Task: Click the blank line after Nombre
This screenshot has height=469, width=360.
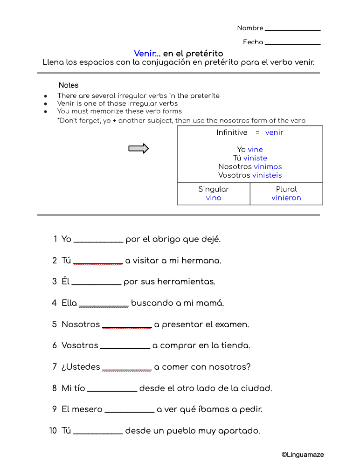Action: click(x=292, y=30)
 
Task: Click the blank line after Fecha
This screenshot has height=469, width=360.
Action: click(x=292, y=44)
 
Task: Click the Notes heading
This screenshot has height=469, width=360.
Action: click(x=69, y=85)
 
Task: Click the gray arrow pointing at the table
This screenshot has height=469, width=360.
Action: click(x=138, y=149)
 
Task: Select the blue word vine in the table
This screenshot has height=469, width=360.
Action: click(x=255, y=150)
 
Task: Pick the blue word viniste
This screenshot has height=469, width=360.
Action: click(x=255, y=158)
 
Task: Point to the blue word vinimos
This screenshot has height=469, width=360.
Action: click(x=268, y=166)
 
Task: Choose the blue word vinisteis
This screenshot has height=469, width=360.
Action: click(x=267, y=175)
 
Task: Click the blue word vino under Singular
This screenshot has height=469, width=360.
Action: click(x=214, y=198)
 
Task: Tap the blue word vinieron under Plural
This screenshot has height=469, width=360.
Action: click(x=286, y=198)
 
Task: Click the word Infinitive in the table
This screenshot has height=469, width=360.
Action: click(x=232, y=132)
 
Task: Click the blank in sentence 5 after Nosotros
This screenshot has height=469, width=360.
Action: click(x=127, y=326)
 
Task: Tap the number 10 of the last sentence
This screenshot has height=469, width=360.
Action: click(x=53, y=431)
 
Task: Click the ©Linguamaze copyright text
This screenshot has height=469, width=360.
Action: click(x=302, y=455)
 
